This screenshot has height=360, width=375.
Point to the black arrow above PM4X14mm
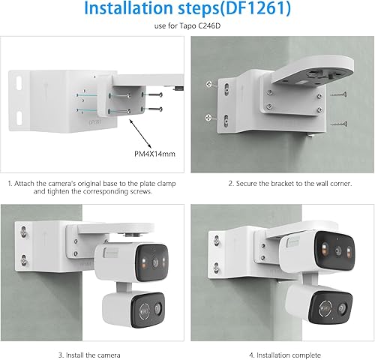tap(140, 133)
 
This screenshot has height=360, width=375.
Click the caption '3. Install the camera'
tap(94, 354)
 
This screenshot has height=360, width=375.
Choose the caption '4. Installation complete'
tap(280, 354)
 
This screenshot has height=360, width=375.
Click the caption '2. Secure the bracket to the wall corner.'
tap(280, 182)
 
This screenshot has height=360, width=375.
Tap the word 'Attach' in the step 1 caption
tap(37, 182)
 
